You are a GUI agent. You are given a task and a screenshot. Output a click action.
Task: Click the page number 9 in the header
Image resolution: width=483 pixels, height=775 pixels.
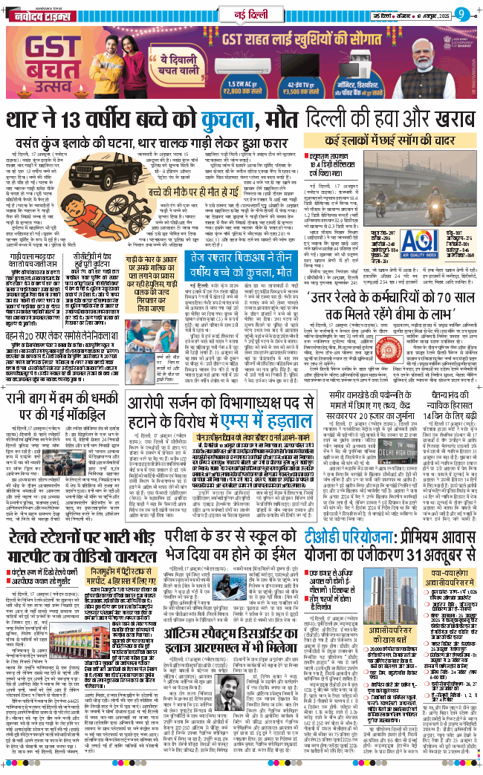[461, 12]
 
